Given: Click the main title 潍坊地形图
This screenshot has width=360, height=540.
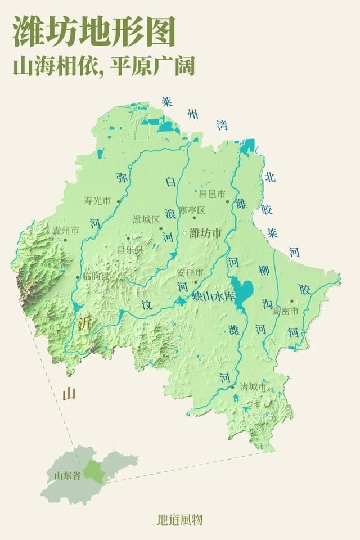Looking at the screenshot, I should [94, 32].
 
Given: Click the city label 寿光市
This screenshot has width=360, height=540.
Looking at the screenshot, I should [97, 200].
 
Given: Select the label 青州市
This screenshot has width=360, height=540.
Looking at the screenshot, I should [65, 230].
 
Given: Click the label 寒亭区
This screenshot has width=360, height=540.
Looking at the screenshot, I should [192, 210].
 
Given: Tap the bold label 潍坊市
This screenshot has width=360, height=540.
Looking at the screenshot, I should [206, 233].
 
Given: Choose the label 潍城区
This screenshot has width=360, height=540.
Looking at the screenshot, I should [146, 219].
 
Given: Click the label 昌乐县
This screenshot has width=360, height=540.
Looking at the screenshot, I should [130, 248].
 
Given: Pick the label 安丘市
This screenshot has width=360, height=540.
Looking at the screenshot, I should [190, 272].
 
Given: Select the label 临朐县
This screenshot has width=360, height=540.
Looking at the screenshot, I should [94, 276].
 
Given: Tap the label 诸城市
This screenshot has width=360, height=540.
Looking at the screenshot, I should [253, 387].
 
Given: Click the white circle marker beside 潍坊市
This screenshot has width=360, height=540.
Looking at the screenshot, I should [184, 233].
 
